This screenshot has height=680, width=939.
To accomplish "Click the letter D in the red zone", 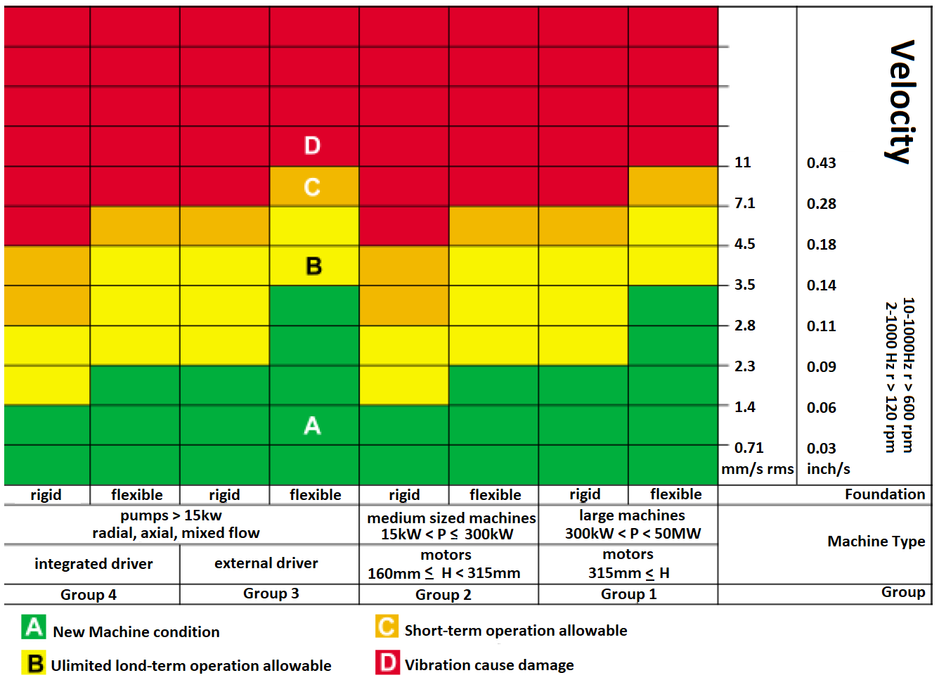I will click(312, 146).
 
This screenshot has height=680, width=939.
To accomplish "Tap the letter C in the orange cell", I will click(312, 187).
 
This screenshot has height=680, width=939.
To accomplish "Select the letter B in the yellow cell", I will click(313, 267).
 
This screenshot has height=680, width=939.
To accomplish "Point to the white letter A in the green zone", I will click(312, 425).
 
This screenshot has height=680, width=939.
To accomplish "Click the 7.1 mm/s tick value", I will click(744, 203).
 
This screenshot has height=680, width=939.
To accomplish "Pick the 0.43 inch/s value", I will click(821, 163).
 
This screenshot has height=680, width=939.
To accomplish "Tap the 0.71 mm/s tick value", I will click(749, 448).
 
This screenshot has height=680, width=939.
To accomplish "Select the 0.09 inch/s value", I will click(821, 367).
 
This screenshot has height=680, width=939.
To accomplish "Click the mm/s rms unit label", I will click(757, 469).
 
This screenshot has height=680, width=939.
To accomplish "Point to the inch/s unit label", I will click(828, 469).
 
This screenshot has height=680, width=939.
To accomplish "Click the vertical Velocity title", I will click(902, 102).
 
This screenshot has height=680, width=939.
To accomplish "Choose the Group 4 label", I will click(89, 595).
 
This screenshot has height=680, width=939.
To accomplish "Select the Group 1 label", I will click(628, 594).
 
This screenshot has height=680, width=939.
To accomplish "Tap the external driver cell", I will click(266, 563).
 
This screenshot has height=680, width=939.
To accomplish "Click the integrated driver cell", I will click(93, 564).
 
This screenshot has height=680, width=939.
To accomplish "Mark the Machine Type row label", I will click(876, 541).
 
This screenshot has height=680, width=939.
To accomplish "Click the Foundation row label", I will click(884, 494).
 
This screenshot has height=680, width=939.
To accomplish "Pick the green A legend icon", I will click(33, 627).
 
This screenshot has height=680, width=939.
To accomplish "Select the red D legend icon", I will click(387, 662).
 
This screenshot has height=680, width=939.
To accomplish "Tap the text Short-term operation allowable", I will click(515, 631).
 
